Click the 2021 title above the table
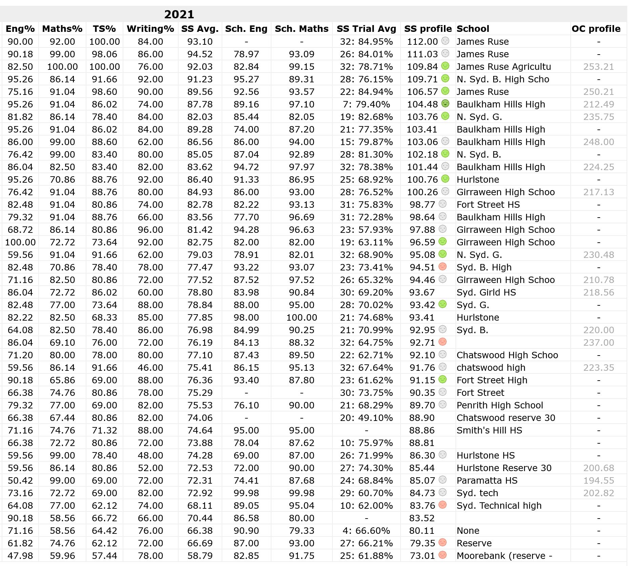tap(179, 14)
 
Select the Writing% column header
tap(150, 29)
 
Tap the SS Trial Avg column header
tap(366, 29)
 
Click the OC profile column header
tap(596, 29)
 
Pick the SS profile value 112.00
tap(422, 42)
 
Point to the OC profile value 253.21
tap(598, 67)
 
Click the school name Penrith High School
tap(500, 405)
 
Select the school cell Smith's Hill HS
tap(489, 430)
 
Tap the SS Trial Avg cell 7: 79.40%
tap(366, 104)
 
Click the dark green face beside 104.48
tap(445, 104)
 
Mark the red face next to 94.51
tap(442, 267)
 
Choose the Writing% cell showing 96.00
tap(150, 230)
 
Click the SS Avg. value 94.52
tap(200, 54)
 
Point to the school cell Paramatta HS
tap(487, 481)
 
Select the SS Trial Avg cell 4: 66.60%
tap(366, 531)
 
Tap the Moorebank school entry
tap(504, 556)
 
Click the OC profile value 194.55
tap(598, 481)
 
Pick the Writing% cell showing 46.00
tap(150, 368)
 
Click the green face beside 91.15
tap(442, 380)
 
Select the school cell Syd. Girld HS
tap(486, 292)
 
